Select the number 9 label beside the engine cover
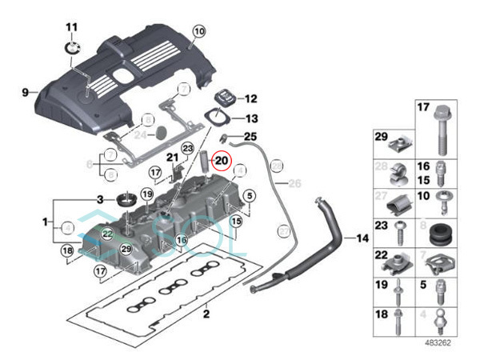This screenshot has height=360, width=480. pyautogui.click(x=26, y=92)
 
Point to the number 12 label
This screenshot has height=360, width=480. pyautogui.click(x=250, y=99)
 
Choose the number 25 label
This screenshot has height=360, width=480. pyautogui.click(x=250, y=137)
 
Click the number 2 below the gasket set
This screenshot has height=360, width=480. pyautogui.click(x=206, y=314)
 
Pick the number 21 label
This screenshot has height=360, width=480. pyautogui.click(x=171, y=156)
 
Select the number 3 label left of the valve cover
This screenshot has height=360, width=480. pyautogui.click(x=101, y=198)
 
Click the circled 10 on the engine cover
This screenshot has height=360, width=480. pyautogui.click(x=198, y=31)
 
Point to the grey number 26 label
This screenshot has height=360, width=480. pyautogui.click(x=294, y=183)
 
